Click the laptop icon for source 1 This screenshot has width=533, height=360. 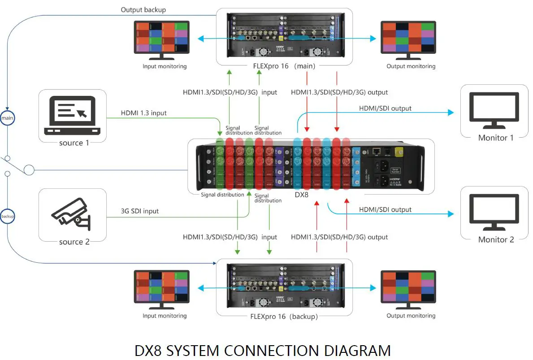point(72,116)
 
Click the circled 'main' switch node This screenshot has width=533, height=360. point(7,117)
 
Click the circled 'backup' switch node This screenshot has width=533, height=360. point(7,216)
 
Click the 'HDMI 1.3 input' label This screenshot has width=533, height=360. point(143,113)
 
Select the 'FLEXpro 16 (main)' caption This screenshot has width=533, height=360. point(284,66)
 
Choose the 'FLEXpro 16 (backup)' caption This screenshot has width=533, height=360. point(284,317)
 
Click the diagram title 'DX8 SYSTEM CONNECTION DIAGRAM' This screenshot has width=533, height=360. point(262,350)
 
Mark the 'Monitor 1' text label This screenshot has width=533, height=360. point(496,138)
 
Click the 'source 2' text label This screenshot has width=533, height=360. point(74,242)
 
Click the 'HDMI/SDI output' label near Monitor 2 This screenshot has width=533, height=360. point(385,209)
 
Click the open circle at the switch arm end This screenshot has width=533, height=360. point(29,170)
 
